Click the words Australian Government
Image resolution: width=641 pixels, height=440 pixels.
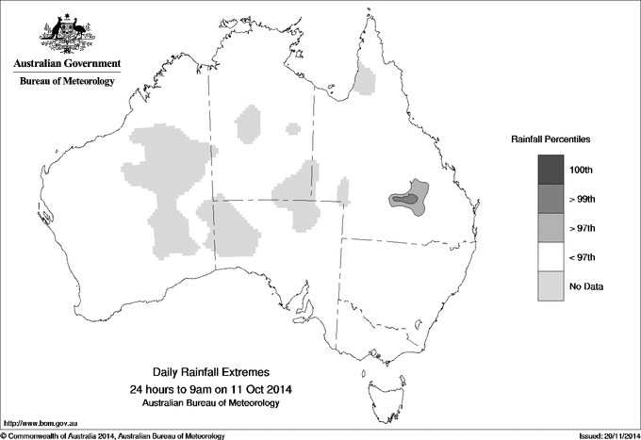(x=66, y=64)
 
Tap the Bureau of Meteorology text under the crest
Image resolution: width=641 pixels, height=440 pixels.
(x=66, y=82)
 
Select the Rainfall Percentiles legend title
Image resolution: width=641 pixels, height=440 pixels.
(x=551, y=139)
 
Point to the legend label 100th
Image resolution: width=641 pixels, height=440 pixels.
(x=592, y=171)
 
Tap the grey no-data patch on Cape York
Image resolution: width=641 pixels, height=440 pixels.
(x=365, y=81)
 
